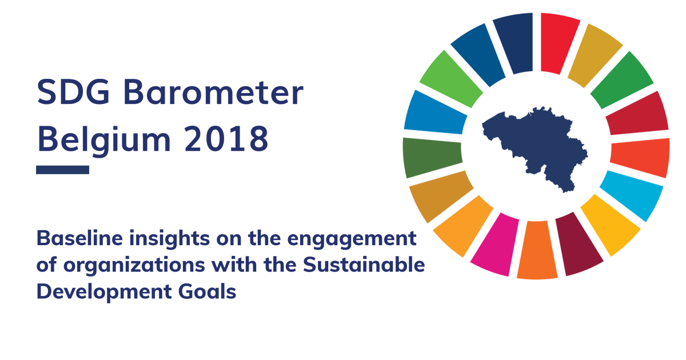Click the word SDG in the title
[x=73, y=92]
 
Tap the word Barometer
[x=213, y=92]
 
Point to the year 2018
[x=226, y=139]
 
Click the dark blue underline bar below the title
[x=62, y=170]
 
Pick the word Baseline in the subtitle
[x=79, y=238]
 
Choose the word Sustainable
[x=364, y=265]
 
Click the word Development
[x=104, y=293]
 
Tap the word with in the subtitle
[x=234, y=265]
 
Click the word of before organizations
[x=46, y=265]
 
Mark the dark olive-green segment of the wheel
[x=432, y=157]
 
